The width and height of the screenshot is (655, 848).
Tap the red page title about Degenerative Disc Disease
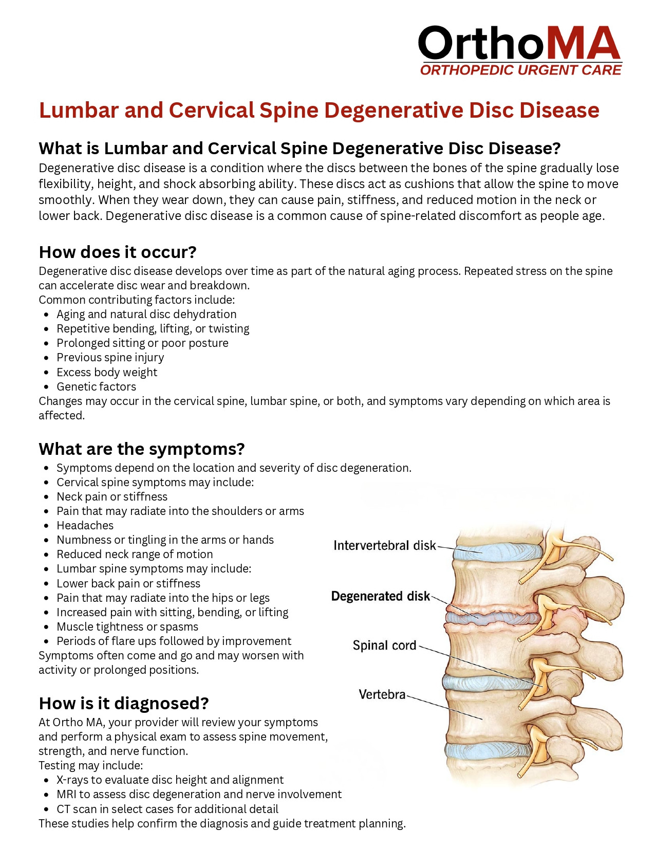(x=319, y=110)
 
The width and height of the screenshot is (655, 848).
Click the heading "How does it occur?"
(x=118, y=252)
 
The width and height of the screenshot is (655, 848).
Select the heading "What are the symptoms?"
(x=142, y=449)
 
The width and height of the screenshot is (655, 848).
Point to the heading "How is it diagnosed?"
(x=124, y=703)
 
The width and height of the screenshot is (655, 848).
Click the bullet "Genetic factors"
(x=96, y=386)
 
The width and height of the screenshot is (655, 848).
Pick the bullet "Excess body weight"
(x=107, y=372)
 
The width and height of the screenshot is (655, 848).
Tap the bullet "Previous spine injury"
(x=110, y=357)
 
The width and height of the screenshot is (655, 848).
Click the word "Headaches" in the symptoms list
(x=85, y=525)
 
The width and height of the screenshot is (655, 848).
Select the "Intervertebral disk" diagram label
(x=384, y=545)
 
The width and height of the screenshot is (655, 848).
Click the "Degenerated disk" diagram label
(x=380, y=596)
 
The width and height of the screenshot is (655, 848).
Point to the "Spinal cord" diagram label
(x=384, y=646)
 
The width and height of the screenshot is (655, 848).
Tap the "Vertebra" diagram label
(x=382, y=695)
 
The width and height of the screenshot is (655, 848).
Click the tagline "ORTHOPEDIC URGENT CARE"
(x=520, y=70)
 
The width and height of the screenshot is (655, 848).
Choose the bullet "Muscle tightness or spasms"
(x=127, y=626)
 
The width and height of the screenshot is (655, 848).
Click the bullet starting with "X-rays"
(x=170, y=780)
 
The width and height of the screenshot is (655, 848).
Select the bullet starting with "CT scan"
(x=167, y=809)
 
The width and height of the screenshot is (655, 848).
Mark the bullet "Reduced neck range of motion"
(x=135, y=554)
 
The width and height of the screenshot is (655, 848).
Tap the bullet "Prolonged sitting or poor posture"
(x=142, y=343)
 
